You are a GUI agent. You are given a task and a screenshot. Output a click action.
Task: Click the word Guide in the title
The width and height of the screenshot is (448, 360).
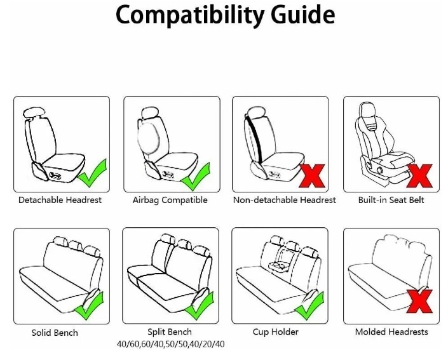pyautogui.click(x=303, y=14)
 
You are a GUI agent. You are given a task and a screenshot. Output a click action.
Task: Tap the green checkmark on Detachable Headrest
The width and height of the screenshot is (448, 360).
pyautogui.click(x=92, y=174)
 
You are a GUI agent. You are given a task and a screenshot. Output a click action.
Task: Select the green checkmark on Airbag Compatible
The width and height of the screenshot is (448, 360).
pyautogui.click(x=196, y=178)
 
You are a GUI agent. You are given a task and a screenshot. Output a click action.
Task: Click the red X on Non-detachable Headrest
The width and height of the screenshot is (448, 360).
pyautogui.click(x=312, y=176)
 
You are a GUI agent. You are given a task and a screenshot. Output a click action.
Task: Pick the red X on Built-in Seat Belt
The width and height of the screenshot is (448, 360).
pyautogui.click(x=419, y=176)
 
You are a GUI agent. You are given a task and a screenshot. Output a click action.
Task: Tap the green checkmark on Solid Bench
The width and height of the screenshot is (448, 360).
pyautogui.click(x=89, y=306)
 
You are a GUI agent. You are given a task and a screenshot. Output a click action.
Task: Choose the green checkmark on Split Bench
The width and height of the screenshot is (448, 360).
pyautogui.click(x=199, y=306)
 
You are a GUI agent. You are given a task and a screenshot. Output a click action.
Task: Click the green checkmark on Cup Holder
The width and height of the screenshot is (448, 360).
pyautogui.click(x=309, y=306)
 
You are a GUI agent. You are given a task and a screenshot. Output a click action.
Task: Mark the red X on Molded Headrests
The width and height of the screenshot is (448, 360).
pyautogui.click(x=419, y=302)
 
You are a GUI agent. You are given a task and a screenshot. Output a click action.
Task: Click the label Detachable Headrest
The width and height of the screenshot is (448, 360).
pyautogui.click(x=60, y=200)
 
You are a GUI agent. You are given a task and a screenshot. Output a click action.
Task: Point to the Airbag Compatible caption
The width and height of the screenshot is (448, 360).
pyautogui.click(x=170, y=200)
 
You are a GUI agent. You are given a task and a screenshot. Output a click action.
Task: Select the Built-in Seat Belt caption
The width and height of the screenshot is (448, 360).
pyautogui.click(x=391, y=200)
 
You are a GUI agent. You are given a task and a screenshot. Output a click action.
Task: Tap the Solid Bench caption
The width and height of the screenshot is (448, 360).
pyautogui.click(x=55, y=333)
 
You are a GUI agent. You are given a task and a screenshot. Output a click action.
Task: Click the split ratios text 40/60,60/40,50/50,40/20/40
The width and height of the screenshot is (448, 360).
pyautogui.click(x=170, y=344)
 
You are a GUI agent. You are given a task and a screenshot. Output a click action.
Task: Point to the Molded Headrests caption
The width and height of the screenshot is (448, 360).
pyautogui.click(x=391, y=331)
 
